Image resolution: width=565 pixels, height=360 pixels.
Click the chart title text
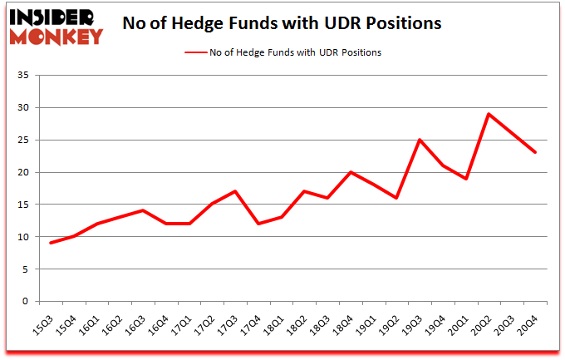click(x=282, y=23)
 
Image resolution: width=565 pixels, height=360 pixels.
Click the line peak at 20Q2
click(x=489, y=114)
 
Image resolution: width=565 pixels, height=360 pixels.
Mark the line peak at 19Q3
click(x=420, y=140)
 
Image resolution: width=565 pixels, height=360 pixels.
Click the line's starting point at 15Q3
click(x=52, y=243)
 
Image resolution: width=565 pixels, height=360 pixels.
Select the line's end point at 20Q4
click(x=536, y=153)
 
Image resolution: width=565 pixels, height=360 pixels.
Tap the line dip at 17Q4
click(x=259, y=224)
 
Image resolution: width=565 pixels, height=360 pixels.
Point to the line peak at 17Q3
click(x=236, y=191)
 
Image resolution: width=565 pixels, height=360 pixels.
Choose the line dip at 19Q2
click(x=397, y=198)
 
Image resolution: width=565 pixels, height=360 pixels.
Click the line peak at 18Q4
click(x=351, y=172)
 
